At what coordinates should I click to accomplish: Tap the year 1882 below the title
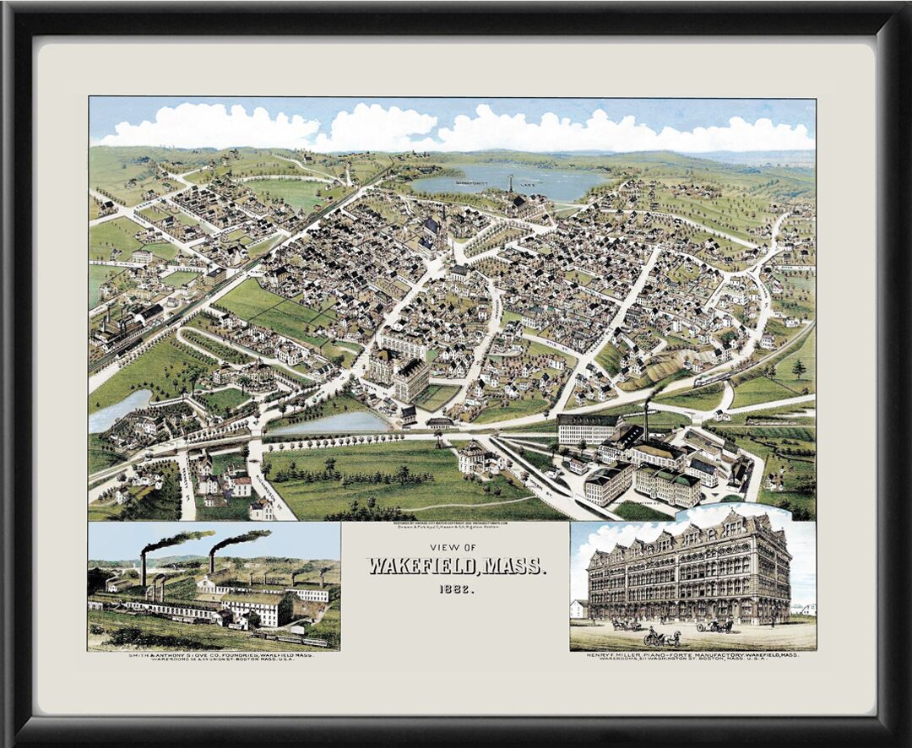point(456,589)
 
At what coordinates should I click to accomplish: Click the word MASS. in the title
point(516,566)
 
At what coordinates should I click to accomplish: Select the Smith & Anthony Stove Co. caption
point(214,656)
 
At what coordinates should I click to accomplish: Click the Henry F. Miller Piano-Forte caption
point(692,656)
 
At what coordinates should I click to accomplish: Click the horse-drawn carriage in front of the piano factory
point(664,637)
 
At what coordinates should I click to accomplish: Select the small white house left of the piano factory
point(578,608)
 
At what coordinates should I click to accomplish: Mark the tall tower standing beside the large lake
point(510,184)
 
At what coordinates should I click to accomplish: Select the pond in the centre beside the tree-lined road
point(334,423)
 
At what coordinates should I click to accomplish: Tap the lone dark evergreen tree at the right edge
point(798,368)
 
